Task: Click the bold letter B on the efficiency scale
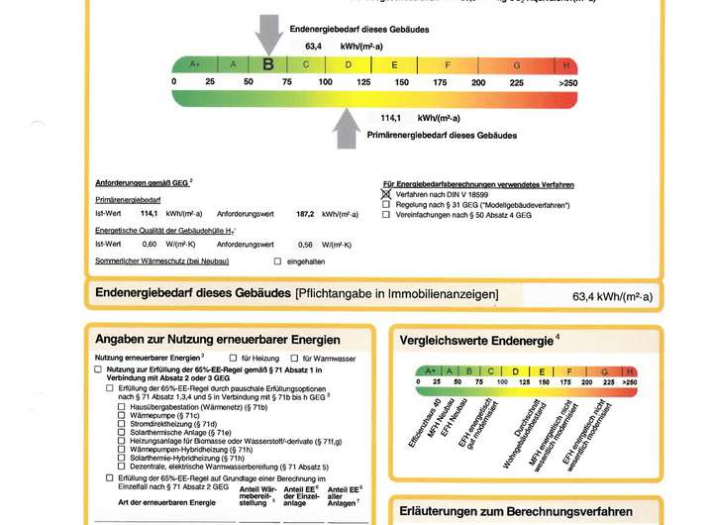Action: [268, 64]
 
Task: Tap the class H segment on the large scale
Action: [566, 64]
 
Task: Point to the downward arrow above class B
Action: [268, 34]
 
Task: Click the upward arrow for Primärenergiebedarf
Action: [347, 128]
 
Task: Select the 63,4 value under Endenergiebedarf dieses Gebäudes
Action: [313, 46]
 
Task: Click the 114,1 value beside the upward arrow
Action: [394, 117]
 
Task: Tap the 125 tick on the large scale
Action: [363, 82]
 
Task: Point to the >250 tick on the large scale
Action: [567, 82]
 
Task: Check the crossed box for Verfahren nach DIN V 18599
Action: [386, 195]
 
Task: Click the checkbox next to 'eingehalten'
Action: [277, 261]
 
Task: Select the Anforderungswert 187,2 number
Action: [305, 213]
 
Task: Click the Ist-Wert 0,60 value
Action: [150, 244]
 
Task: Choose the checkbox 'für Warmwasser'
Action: [294, 357]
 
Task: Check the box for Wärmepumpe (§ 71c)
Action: [121, 415]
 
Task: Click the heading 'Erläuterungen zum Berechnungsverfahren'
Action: [515, 512]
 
